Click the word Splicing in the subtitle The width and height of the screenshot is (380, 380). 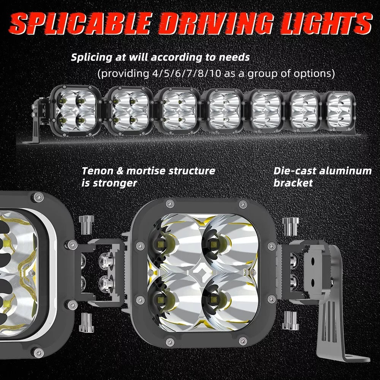[x=91, y=58]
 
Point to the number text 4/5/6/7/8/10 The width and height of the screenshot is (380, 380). [x=187, y=73]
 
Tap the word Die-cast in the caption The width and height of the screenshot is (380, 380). [x=294, y=171]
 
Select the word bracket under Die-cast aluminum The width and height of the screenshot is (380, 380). [x=293, y=183]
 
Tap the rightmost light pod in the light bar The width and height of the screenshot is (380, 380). [x=340, y=111]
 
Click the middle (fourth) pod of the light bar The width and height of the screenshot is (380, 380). [x=222, y=111]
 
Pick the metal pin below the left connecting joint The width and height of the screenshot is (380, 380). [x=86, y=322]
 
